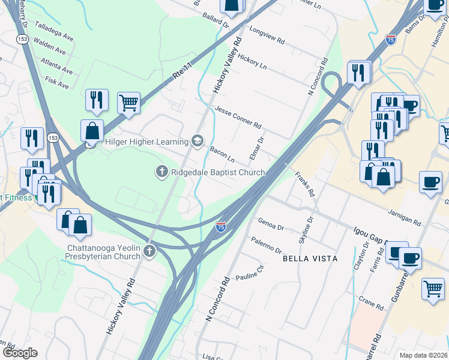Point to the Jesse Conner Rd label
pos(238,118)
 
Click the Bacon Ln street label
pos(221,155)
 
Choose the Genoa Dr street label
pos(271,224)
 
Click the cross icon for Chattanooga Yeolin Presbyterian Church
pos(148,251)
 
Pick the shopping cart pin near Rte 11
pos(128,103)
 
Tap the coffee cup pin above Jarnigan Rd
pos(430,182)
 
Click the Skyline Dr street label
pos(305,230)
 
